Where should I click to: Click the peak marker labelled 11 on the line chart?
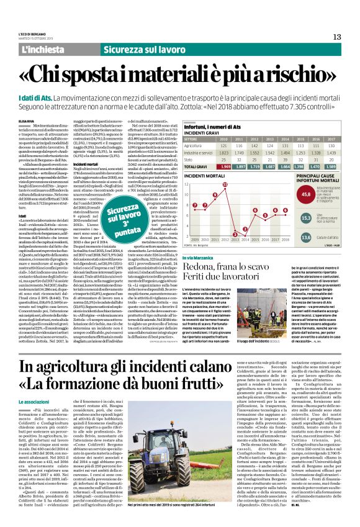pyautogui.click(x=225, y=185)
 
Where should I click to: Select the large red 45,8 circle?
pyautogui.click(x=307, y=194)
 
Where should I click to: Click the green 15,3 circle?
pyautogui.click(x=307, y=218)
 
